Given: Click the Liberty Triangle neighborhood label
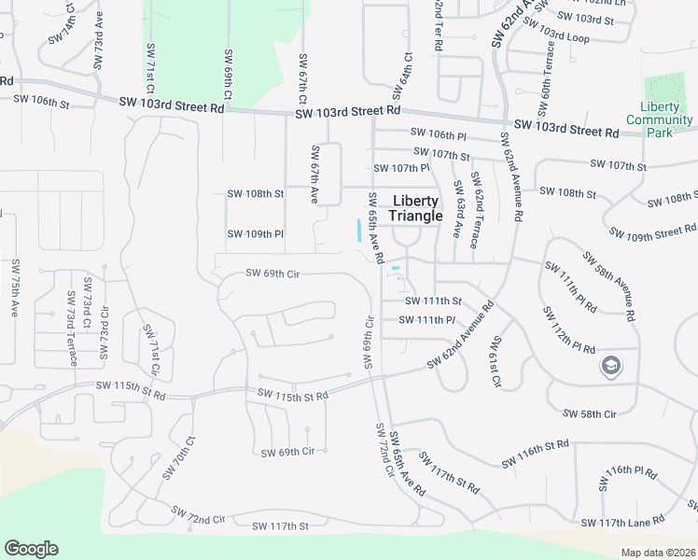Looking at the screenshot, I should click(415, 208).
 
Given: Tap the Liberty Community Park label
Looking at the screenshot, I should click(660, 119).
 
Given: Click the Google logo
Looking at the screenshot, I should click(31, 549).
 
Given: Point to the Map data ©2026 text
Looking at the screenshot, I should click(659, 553).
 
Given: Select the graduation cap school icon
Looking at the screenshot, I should click(611, 365).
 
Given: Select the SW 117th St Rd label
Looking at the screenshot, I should click(449, 475).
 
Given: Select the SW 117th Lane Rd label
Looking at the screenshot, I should click(622, 521).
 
